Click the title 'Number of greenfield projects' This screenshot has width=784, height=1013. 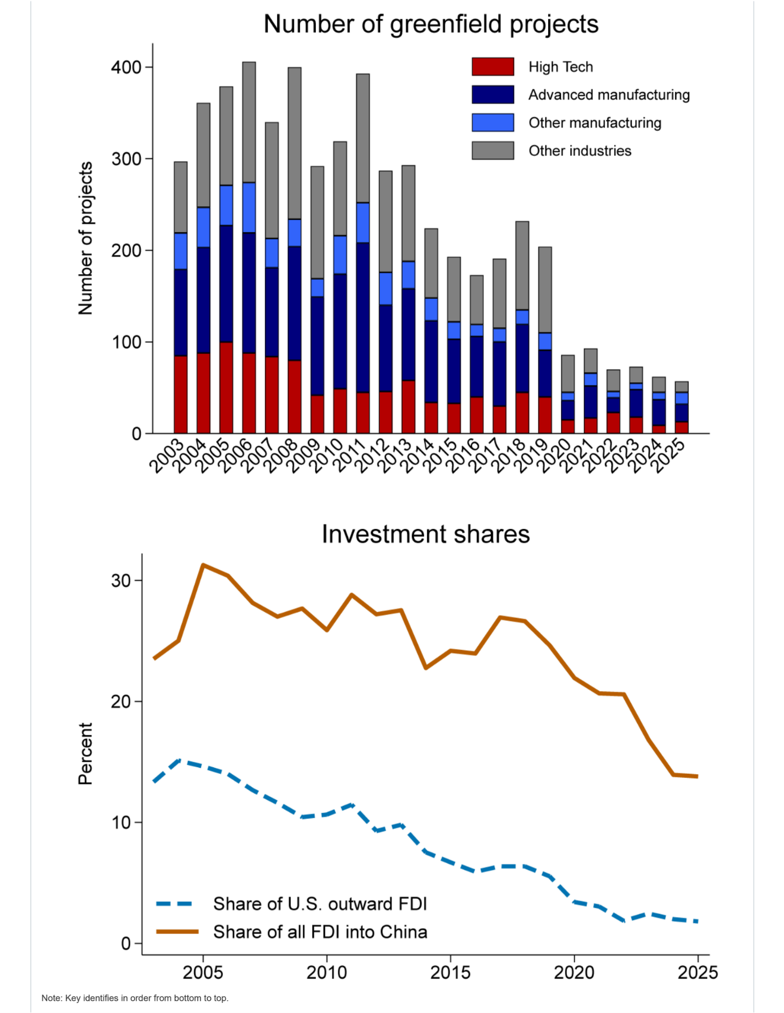431,25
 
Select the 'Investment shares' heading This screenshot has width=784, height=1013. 426,534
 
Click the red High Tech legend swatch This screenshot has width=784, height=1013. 493,67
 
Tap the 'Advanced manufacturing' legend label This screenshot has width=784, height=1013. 609,95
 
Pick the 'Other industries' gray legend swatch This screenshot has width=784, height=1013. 493,151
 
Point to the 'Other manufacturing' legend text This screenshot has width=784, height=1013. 595,123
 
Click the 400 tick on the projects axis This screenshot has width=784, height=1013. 126,68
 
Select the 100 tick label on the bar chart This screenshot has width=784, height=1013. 126,342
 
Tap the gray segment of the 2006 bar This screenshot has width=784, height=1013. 249,122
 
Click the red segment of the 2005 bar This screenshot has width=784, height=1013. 226,387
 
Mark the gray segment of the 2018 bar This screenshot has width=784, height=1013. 522,266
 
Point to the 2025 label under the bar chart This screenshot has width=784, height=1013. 668,456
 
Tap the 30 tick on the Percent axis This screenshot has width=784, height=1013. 121,581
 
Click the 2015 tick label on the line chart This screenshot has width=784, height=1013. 450,972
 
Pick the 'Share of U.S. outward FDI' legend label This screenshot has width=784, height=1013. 320,904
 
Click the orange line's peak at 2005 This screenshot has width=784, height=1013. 203,564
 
